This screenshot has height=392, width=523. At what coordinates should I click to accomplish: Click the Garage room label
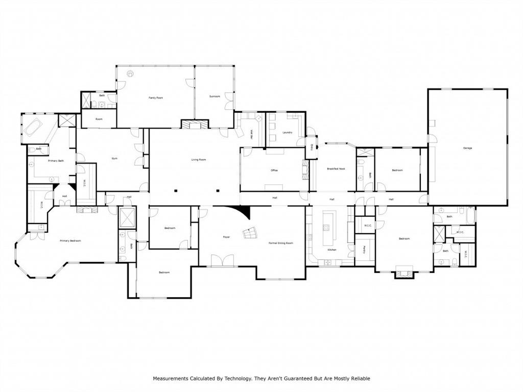(467, 148)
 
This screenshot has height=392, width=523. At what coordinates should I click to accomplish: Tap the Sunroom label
(215, 96)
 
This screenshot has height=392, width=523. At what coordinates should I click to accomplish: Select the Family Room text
(156, 97)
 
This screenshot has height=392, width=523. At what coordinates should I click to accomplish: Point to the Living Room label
(198, 160)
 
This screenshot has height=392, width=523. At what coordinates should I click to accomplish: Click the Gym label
(114, 158)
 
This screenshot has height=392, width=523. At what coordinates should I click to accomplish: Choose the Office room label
(274, 170)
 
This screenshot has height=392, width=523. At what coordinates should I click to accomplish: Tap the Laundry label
(287, 132)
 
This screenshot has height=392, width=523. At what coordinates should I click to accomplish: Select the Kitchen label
(332, 250)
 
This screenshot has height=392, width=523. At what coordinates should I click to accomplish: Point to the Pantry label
(364, 250)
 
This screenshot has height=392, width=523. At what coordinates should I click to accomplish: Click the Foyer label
(226, 237)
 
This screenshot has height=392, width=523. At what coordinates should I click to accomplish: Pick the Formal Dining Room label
(281, 243)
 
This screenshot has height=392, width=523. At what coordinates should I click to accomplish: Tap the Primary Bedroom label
(70, 240)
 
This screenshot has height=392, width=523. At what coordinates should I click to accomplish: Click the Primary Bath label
(56, 161)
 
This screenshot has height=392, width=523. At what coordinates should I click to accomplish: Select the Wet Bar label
(252, 134)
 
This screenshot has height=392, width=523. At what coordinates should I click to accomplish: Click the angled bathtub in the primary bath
(34, 127)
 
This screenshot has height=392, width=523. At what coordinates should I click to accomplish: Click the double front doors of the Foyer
(222, 261)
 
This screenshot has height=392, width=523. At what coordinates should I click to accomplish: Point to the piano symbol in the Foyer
(251, 233)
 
